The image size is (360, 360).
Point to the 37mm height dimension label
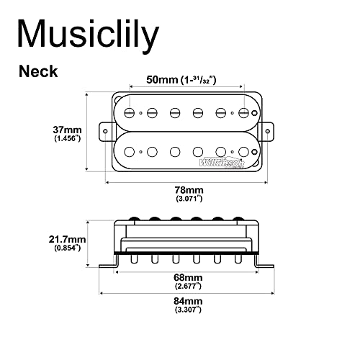[66, 130]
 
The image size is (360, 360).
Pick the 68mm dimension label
[190, 276]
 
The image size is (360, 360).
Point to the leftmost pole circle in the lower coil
[130, 152]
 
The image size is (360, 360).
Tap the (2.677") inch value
[190, 286]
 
